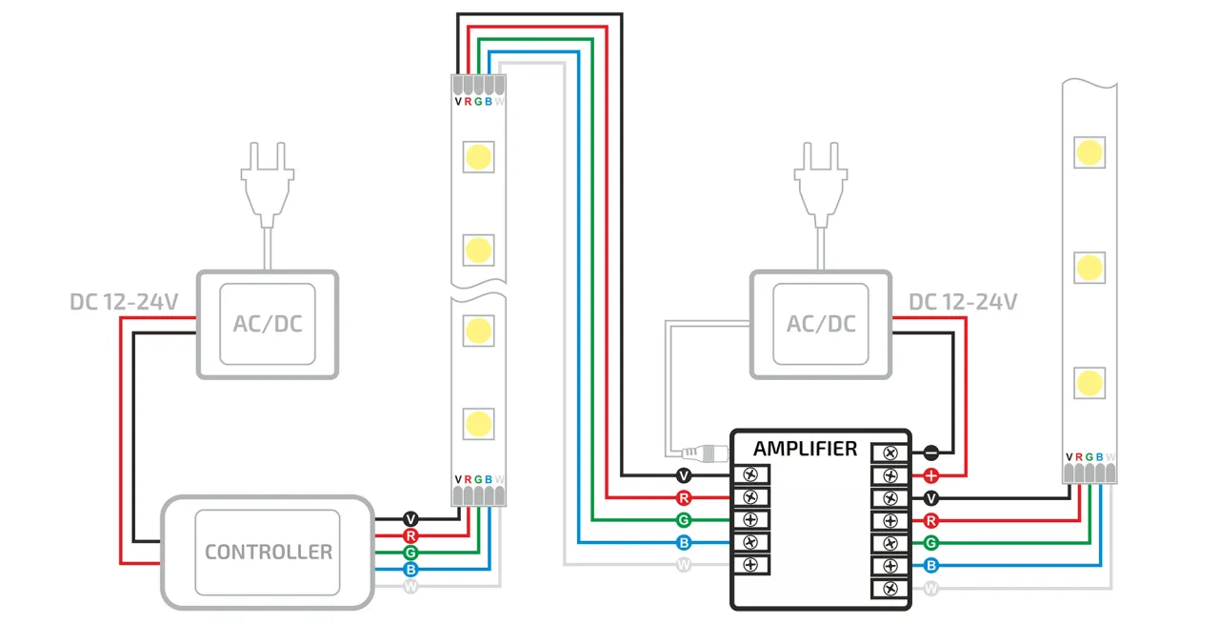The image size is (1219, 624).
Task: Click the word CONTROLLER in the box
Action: pyautogui.click(x=268, y=552)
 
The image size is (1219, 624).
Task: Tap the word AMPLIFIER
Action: pyautogui.click(x=805, y=449)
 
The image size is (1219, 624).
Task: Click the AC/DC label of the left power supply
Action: pyautogui.click(x=267, y=324)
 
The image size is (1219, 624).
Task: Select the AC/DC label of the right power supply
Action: pyautogui.click(x=820, y=324)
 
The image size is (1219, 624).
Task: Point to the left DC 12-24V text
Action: pyautogui.click(x=124, y=302)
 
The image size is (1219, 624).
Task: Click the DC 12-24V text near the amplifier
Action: pyautogui.click(x=963, y=302)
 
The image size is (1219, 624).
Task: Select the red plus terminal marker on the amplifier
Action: pyautogui.click(x=931, y=475)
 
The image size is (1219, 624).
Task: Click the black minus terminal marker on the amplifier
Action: pyautogui.click(x=931, y=453)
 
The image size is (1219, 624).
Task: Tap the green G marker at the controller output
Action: pyautogui.click(x=410, y=553)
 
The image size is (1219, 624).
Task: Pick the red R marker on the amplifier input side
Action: pyautogui.click(x=683, y=497)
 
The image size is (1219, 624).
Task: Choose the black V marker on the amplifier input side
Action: pyautogui.click(x=683, y=474)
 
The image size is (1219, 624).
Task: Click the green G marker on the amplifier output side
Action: pyautogui.click(x=931, y=543)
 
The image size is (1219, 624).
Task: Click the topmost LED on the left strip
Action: pyautogui.click(x=478, y=156)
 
